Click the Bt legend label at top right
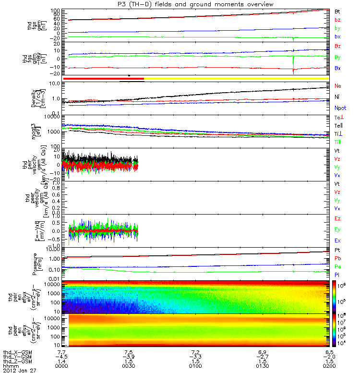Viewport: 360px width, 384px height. pos(337,10)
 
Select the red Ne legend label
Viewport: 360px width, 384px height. pos(338,86)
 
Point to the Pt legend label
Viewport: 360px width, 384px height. pos(337,251)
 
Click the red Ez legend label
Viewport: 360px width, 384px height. pos(338,218)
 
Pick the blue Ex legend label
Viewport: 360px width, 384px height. pos(338,240)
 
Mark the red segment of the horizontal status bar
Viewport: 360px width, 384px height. pos(103,78)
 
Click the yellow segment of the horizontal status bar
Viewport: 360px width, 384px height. pos(235,78)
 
